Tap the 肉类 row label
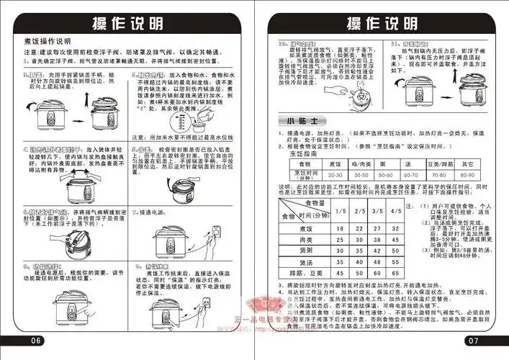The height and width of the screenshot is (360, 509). coord(292,238)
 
